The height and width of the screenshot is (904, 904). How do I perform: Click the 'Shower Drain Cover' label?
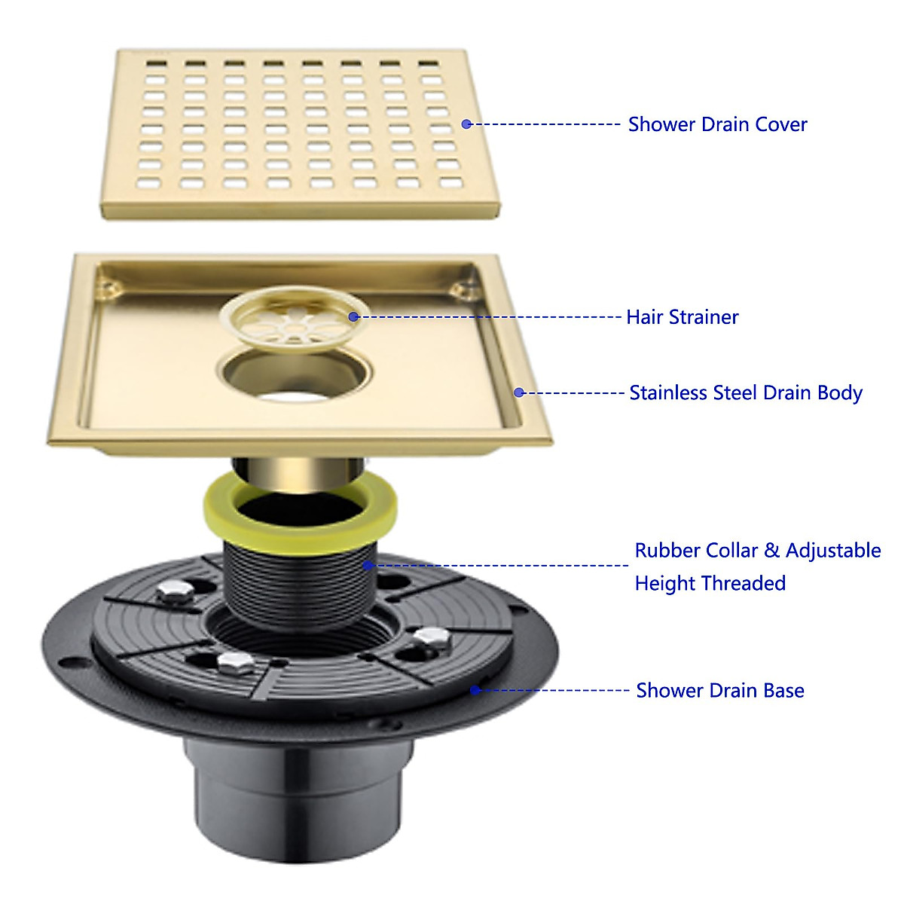[717, 124]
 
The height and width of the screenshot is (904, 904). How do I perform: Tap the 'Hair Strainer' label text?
[683, 317]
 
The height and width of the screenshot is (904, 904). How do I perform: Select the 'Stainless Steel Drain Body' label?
[746, 393]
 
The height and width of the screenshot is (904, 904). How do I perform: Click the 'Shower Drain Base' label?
[720, 691]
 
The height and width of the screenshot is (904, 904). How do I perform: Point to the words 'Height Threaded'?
[710, 584]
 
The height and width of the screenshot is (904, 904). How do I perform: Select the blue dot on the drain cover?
[466, 124]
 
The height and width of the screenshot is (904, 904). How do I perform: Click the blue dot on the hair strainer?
[353, 316]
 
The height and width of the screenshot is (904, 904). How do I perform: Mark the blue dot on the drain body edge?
[518, 392]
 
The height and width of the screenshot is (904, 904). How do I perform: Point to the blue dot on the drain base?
[475, 689]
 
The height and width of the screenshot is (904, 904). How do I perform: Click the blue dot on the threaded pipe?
[368, 565]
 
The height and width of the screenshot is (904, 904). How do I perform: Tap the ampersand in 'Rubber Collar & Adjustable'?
[771, 551]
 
